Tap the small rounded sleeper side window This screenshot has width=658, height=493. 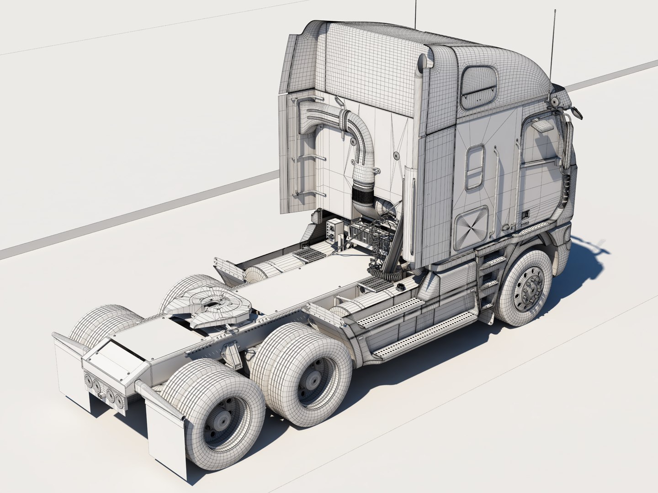pos(475,166)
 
